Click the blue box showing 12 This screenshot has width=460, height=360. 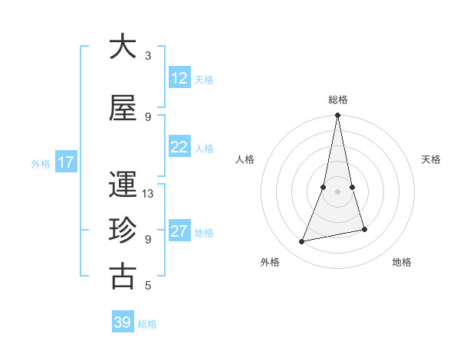point(179,78)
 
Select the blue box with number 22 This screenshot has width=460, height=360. point(179,147)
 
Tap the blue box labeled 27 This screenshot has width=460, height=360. point(179,231)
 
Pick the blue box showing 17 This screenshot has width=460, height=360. point(66,162)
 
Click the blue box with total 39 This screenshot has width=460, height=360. point(123,322)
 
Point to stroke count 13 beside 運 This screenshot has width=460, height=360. point(148,194)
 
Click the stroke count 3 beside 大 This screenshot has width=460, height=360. point(148,56)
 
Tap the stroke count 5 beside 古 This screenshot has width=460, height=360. point(148,286)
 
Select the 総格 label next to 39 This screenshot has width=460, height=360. point(147,324)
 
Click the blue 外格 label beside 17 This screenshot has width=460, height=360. point(41,163)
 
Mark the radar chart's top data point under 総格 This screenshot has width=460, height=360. point(337,116)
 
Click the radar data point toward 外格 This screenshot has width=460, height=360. point(302,242)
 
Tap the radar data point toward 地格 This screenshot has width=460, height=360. point(364,230)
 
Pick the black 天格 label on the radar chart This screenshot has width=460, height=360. point(432,159)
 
